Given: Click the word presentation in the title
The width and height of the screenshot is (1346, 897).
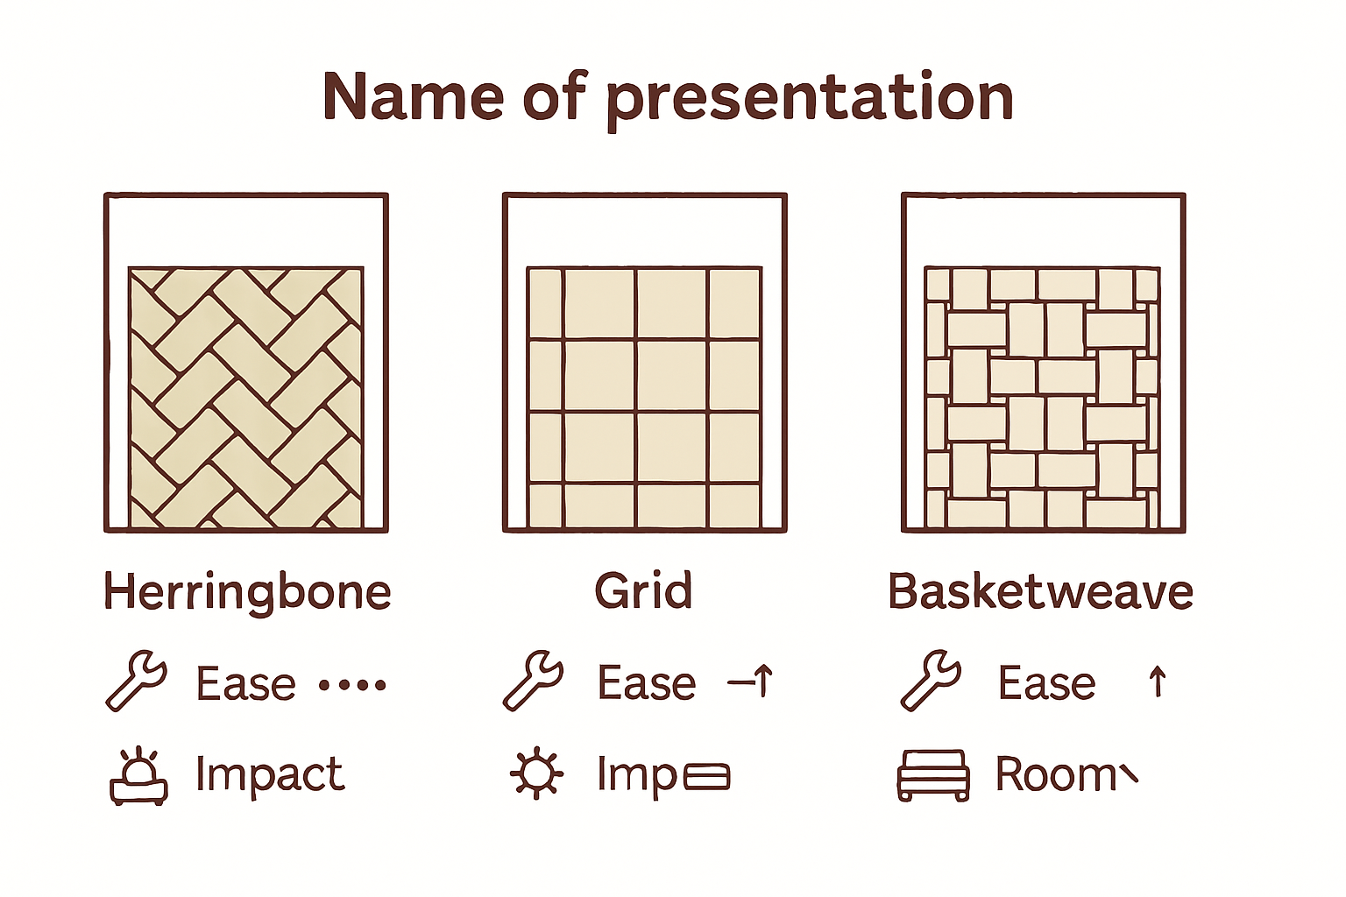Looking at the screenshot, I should pos(810,98).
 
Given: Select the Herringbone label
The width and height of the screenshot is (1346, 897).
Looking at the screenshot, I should pos(247,592).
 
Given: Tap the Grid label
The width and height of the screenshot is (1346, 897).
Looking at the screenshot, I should pos(644,591).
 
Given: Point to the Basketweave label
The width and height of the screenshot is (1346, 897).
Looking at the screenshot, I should pos(1040,592).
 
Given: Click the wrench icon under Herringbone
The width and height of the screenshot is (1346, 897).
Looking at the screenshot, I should pos(136,680).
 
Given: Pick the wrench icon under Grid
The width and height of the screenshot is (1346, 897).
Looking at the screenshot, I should pos(533,680).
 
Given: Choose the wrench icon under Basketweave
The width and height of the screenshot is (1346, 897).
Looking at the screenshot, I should pos(931,680).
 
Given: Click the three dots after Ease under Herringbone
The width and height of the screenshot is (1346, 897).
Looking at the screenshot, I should pos(351,685).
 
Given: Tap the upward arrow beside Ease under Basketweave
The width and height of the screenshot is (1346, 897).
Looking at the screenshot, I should pos(1157,682).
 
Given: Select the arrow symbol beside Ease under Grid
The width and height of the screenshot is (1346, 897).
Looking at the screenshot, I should pos(751,682).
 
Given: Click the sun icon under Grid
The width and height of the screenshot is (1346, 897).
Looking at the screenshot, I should pos(536,774).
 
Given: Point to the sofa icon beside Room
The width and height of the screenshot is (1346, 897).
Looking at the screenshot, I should pos(933,775).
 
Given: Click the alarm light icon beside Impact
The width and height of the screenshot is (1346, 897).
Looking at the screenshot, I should pos(138,777).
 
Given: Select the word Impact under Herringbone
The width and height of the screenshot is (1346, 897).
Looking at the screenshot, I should pos(269,775).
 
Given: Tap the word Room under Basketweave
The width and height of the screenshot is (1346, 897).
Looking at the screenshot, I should pos(1055,775).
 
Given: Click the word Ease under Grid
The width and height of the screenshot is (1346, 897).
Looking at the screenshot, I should pos(647,683).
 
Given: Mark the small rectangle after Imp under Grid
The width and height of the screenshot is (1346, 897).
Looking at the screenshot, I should pos(706,777).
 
